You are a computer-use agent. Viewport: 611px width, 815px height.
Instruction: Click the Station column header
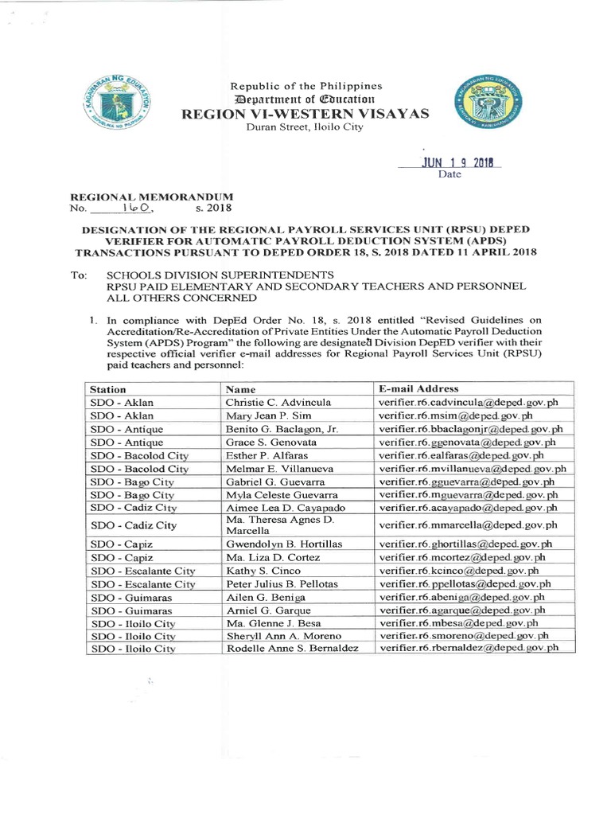(108, 389)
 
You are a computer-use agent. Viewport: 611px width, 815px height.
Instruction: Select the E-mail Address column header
(418, 388)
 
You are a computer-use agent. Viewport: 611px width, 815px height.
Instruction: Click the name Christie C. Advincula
(278, 402)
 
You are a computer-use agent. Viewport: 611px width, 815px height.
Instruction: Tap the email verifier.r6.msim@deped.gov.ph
(456, 415)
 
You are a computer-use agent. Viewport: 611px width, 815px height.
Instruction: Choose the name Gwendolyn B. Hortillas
(282, 544)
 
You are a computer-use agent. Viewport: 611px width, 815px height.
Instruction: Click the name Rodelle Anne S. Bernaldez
(292, 649)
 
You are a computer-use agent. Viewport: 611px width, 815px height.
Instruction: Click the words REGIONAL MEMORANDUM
(153, 195)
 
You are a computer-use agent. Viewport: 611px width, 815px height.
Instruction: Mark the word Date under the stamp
(450, 174)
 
